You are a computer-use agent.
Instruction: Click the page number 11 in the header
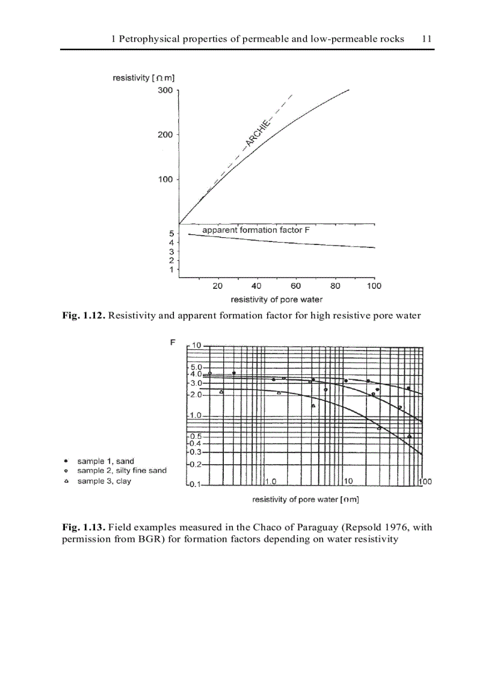coord(427,39)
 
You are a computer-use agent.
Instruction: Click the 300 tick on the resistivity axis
coord(165,90)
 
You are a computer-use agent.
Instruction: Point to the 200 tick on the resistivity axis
coord(165,135)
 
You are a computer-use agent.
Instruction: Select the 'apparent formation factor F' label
coord(256,230)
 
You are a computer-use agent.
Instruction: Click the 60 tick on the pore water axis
coord(296,286)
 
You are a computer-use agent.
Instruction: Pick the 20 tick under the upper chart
coord(218,286)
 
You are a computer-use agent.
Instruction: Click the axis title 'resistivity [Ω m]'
coord(144,78)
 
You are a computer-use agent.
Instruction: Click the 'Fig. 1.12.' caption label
coord(84,315)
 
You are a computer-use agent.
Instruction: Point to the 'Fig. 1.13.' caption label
coord(84,527)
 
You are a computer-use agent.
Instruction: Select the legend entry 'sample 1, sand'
coord(105,461)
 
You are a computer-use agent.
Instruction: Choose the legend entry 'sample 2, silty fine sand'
coord(122,471)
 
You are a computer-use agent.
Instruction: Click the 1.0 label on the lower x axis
coord(270,482)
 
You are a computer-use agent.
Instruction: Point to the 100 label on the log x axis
coord(425,482)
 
